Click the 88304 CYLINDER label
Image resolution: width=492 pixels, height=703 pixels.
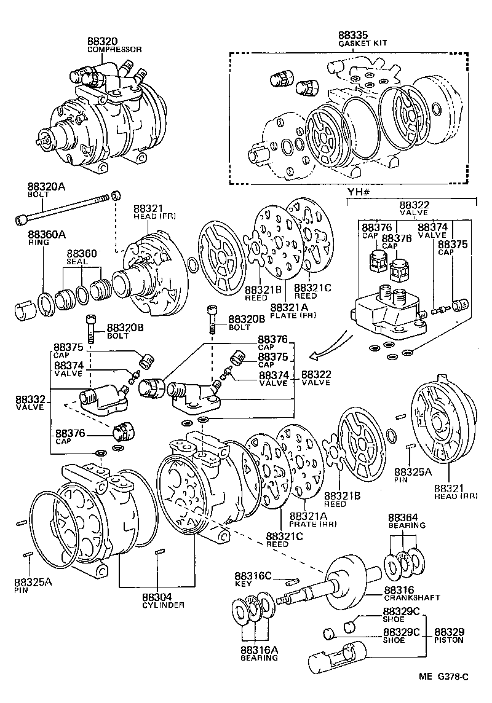pyautogui.click(x=158, y=600)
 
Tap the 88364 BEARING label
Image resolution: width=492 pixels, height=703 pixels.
pyautogui.click(x=407, y=521)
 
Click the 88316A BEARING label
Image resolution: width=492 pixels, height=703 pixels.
pyautogui.click(x=259, y=653)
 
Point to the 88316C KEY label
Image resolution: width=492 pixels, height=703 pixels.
pyautogui.click(x=253, y=579)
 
